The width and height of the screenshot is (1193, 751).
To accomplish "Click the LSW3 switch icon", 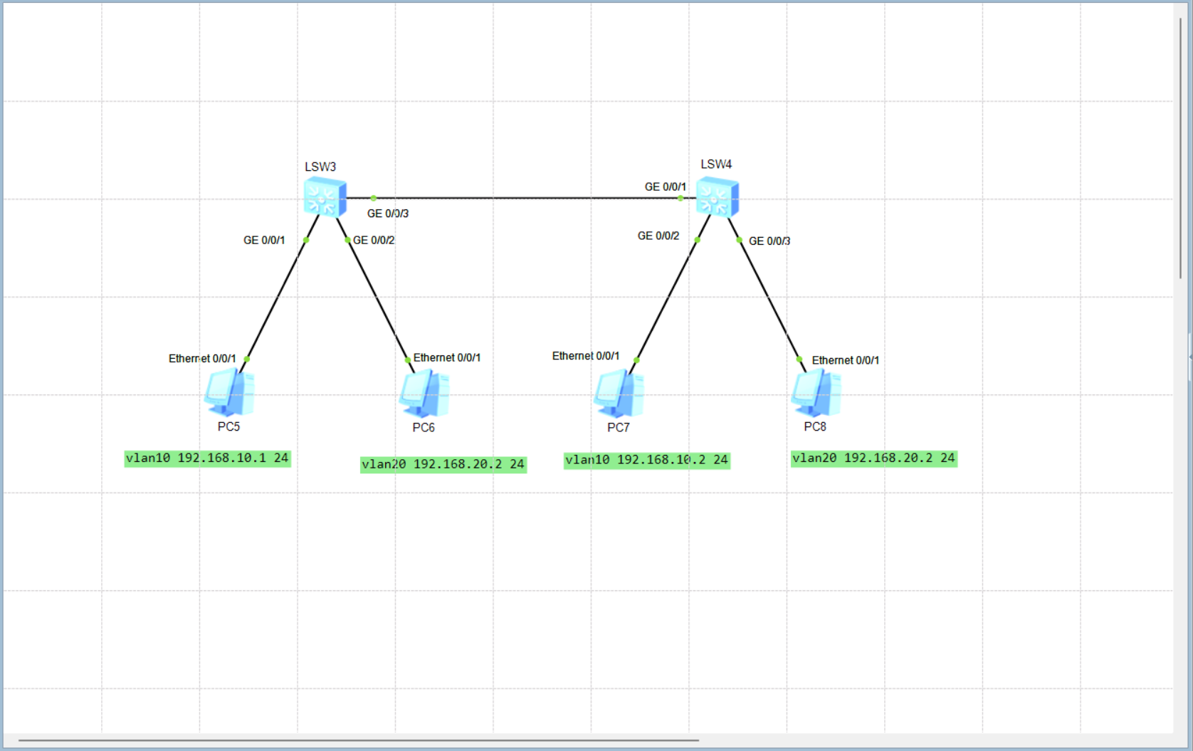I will (x=325, y=197).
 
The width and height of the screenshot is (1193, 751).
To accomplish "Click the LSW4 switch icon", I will (x=717, y=197).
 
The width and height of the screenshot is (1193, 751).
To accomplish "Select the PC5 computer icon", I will (x=229, y=392).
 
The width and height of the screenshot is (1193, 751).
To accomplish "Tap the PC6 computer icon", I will (x=424, y=393).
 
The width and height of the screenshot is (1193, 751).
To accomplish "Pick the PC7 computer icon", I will (x=619, y=393).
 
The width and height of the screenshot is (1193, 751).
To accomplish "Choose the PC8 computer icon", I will (x=816, y=392).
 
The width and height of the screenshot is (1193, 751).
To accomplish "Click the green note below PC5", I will (x=207, y=458).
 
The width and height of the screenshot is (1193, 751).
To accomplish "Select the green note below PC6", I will (x=443, y=465).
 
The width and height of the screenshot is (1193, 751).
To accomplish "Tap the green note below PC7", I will (x=646, y=461).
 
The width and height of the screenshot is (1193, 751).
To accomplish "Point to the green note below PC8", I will (x=873, y=458).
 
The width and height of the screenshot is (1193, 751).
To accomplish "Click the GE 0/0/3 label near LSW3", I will (x=388, y=214).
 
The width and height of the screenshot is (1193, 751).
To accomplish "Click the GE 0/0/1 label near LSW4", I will (x=665, y=187).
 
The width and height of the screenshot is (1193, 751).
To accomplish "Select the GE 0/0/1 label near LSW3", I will (x=264, y=241).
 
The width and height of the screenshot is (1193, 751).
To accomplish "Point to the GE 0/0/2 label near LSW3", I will (x=374, y=241).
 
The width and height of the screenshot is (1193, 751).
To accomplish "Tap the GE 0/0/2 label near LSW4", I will (x=658, y=236).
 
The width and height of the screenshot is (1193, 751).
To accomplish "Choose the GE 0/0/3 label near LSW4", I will (x=769, y=241).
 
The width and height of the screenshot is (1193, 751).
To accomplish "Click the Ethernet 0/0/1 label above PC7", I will (x=585, y=356).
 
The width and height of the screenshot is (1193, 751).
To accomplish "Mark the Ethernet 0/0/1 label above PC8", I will (x=845, y=361).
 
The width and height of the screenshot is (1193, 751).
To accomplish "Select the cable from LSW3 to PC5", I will (x=276, y=299).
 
